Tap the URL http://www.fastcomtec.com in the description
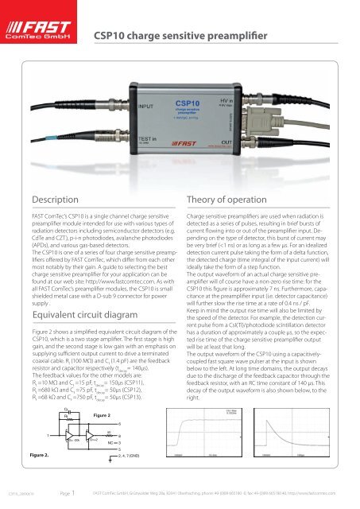tap(120, 280)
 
